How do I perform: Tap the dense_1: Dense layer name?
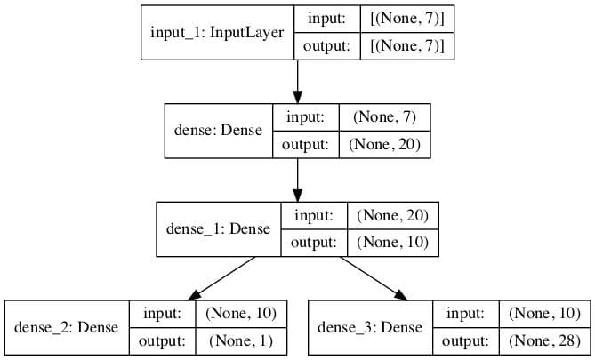point(218,228)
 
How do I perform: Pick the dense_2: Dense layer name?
point(67,327)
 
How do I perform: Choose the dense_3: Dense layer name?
point(370,327)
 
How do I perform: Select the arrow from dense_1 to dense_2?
point(222,276)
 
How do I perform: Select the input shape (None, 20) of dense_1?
point(393,214)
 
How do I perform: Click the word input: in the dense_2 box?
point(162,313)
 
